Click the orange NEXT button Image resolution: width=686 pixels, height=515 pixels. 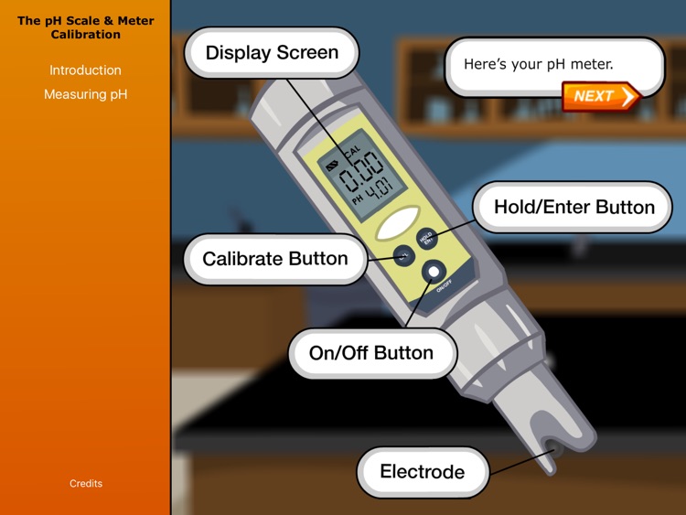[x=600, y=96]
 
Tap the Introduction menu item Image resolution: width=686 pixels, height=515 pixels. [x=85, y=70]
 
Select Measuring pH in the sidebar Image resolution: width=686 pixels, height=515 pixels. [x=86, y=94]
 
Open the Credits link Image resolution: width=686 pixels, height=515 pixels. [x=86, y=483]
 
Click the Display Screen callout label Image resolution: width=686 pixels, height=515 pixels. [x=272, y=53]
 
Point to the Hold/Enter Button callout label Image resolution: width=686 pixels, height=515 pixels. [x=573, y=207]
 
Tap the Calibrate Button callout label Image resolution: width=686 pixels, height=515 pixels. [x=275, y=259]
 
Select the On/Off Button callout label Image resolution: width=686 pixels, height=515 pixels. [x=371, y=353]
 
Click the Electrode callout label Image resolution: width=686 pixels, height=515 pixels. [x=423, y=472]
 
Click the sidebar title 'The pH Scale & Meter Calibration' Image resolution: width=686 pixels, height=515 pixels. [x=86, y=27]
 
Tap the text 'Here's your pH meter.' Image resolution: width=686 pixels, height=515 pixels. [x=538, y=64]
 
